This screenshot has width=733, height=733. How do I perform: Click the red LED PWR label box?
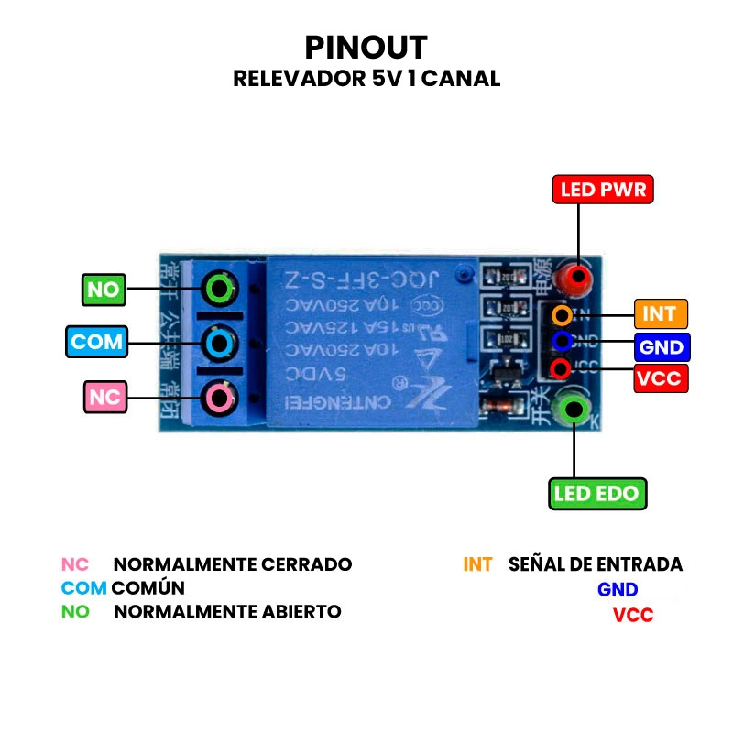[x=603, y=190]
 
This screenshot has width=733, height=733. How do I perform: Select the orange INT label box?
[x=660, y=313]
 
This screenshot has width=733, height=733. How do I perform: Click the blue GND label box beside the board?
[x=660, y=348]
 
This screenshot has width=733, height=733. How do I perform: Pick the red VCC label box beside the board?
[x=660, y=377]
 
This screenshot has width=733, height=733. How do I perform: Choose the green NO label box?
[x=104, y=290]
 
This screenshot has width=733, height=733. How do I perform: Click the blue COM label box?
[x=96, y=342]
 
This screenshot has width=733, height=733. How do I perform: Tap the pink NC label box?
[x=105, y=397]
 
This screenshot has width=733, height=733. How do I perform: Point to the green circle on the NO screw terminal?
[x=219, y=289]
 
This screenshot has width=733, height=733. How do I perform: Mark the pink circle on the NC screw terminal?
[x=219, y=397]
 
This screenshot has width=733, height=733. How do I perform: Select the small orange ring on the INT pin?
[x=562, y=314]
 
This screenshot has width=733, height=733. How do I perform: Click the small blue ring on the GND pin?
[x=562, y=342]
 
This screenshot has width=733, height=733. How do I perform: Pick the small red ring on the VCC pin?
[x=562, y=368]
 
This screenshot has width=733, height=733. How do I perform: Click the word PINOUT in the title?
[x=366, y=47]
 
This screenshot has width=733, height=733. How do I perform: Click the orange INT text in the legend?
[x=477, y=564]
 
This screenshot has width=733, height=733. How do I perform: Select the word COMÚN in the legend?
[x=148, y=587]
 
